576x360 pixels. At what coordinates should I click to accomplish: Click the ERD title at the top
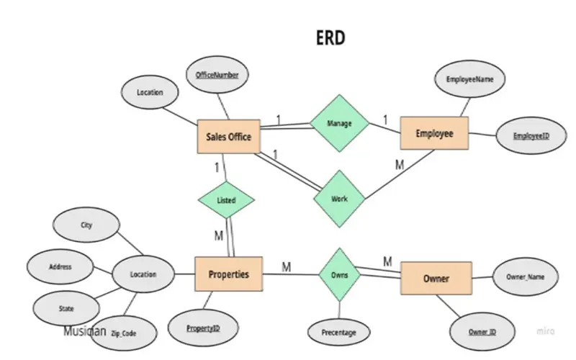330,37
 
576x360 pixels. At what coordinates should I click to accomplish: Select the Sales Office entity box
228,137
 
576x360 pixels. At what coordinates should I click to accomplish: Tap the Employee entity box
434,134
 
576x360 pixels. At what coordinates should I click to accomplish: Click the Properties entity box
228,274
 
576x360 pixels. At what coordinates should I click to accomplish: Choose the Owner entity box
436,279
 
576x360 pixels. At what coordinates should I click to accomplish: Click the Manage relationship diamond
339,123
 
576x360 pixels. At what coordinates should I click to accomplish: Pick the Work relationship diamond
339,198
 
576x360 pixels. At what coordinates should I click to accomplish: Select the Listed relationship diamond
226,200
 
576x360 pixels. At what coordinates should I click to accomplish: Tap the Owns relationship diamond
339,274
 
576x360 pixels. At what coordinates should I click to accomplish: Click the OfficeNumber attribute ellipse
217,75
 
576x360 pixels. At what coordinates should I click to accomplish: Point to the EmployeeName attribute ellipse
469,80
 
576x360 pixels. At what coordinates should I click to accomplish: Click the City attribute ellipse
86,225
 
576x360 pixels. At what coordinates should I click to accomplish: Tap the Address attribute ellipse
60,266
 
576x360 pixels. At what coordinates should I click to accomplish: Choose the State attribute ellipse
66,308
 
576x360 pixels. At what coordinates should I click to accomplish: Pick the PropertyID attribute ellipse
202,328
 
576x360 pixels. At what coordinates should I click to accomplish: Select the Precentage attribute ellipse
338,333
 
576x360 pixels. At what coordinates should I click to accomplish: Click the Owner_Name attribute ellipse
526,276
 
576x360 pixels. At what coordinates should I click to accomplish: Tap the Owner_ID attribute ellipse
482,332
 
